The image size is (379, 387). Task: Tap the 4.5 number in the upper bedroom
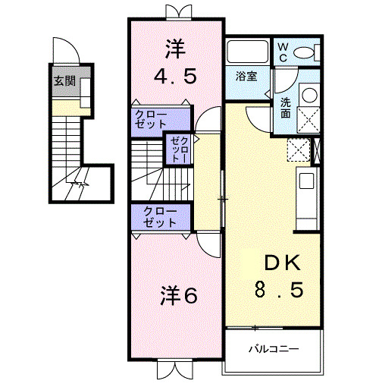point(175,77)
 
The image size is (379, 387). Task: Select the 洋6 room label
point(178,294)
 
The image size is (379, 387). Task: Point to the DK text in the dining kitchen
point(281,264)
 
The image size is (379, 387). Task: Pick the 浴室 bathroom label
point(246,77)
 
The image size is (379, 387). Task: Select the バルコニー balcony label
point(274,350)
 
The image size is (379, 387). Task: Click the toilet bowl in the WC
point(307,52)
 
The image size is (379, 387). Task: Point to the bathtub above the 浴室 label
point(246,52)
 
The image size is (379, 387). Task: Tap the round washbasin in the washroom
point(310,96)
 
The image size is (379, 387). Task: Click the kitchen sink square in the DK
point(306,181)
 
